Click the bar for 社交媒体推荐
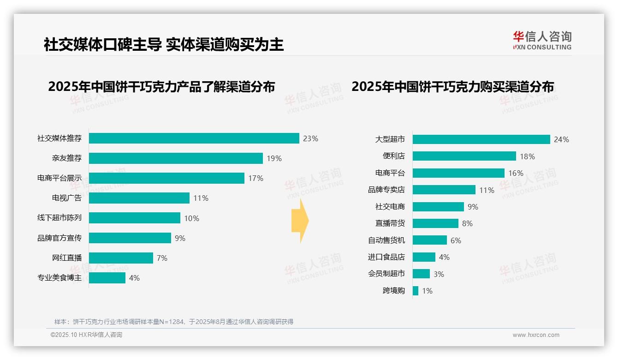(194, 138)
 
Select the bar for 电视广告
(139, 198)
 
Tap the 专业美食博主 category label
(59, 278)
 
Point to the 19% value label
(274, 158)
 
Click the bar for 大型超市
(481, 139)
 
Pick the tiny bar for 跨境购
(416, 291)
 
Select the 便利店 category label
(393, 156)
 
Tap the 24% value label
(561, 139)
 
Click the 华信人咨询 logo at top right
(542, 40)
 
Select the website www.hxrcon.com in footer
(536, 335)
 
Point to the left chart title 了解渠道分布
(161, 87)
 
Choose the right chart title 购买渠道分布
(452, 87)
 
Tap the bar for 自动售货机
(429, 240)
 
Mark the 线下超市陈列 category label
(59, 218)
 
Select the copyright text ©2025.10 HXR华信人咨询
(86, 335)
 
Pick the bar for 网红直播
(121, 258)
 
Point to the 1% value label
(427, 291)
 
